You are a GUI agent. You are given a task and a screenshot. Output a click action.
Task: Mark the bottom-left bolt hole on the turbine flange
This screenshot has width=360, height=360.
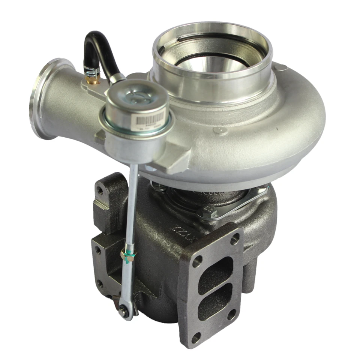[x=195, y=337]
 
